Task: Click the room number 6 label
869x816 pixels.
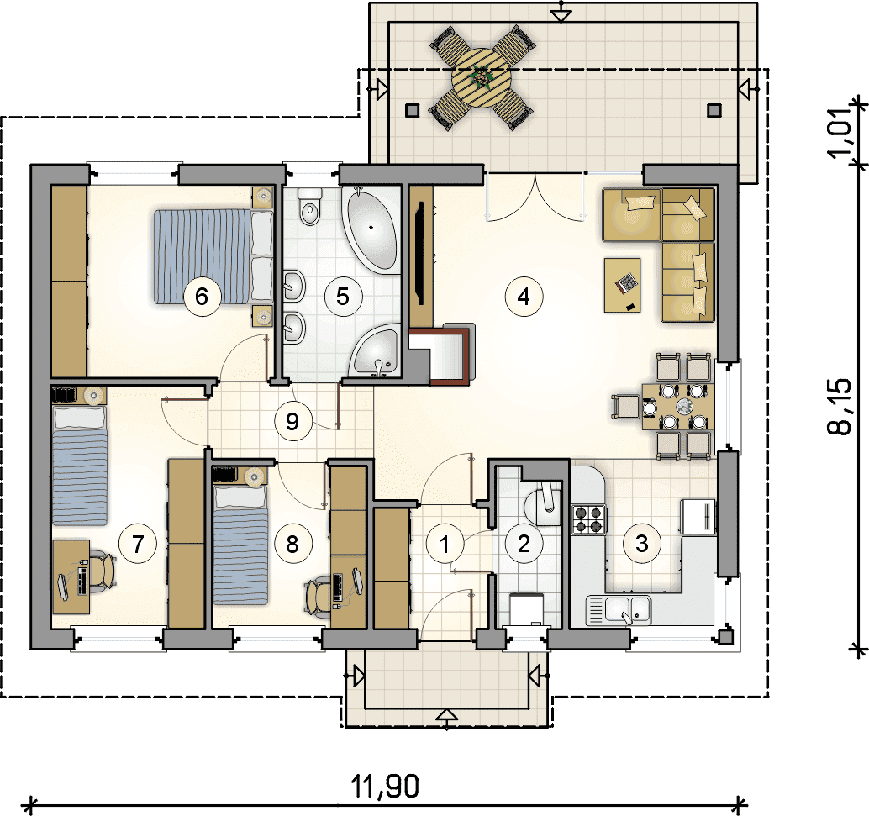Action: [201, 297]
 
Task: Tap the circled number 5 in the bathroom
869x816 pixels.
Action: [343, 297]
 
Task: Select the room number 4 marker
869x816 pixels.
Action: [524, 297]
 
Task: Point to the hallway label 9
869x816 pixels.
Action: [292, 422]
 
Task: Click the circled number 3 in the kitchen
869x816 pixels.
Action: [642, 543]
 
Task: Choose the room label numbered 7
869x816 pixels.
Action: [138, 544]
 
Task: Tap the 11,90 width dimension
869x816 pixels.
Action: [385, 786]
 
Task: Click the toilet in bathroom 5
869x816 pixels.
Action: [310, 206]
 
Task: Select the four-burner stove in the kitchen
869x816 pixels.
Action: [588, 519]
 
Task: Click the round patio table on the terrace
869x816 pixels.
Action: [481, 76]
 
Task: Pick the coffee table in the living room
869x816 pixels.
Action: [623, 285]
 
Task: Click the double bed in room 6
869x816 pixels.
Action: [213, 256]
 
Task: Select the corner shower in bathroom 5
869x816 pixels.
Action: [376, 350]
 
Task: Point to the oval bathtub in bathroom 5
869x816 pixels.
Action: [371, 229]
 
